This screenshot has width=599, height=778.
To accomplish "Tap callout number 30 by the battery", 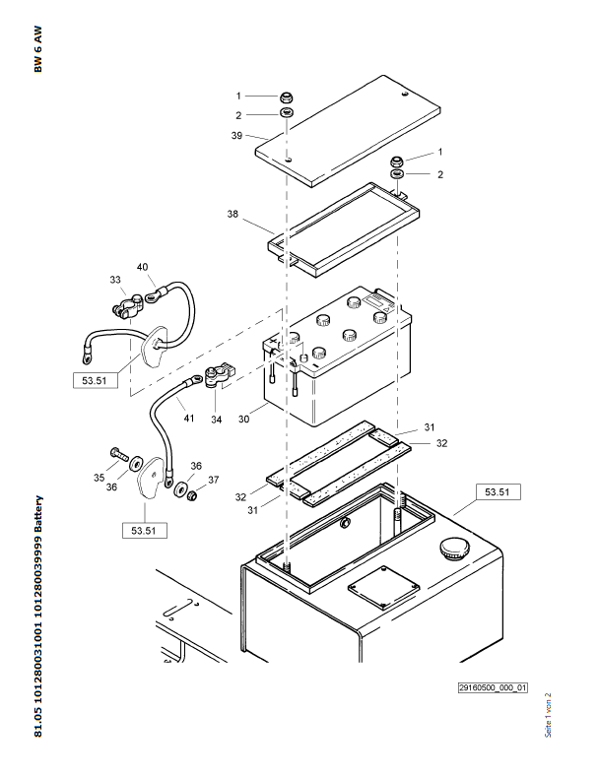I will (x=244, y=417).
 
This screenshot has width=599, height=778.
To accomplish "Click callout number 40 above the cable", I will (x=143, y=267).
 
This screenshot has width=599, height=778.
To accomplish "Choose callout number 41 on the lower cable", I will (x=189, y=418).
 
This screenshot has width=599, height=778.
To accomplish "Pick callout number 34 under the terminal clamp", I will (x=216, y=420).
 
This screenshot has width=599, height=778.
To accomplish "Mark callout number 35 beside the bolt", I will (x=99, y=478).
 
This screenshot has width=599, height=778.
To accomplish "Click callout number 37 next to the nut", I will (x=213, y=480).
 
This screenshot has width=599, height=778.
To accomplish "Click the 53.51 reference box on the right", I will (x=498, y=490).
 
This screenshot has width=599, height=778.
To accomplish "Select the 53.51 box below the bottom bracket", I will (x=143, y=531).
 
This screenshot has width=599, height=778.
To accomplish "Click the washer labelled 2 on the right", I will (x=398, y=174).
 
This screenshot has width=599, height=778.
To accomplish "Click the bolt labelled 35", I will (x=121, y=454).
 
